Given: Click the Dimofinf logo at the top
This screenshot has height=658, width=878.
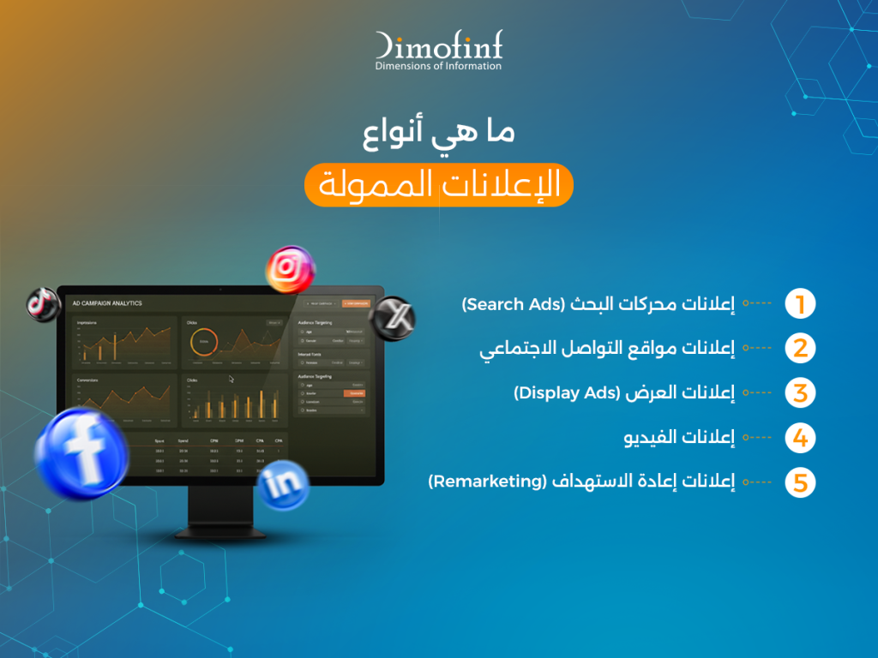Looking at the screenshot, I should pyautogui.click(x=438, y=51).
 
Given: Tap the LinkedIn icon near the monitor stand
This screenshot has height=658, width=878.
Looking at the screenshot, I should pyautogui.click(x=283, y=485).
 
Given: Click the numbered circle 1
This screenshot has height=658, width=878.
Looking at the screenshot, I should pyautogui.click(x=800, y=304).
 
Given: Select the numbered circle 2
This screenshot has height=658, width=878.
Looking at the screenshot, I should pyautogui.click(x=800, y=349).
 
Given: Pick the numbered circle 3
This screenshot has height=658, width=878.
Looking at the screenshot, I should pyautogui.click(x=800, y=393).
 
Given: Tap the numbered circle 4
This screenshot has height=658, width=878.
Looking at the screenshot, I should pyautogui.click(x=800, y=438).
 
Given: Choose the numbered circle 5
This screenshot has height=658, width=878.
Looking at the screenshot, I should pyautogui.click(x=800, y=482).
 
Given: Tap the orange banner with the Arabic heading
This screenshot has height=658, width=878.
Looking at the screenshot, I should pyautogui.click(x=438, y=185).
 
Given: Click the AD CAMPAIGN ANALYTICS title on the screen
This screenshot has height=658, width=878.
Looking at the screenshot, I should pyautogui.click(x=107, y=303).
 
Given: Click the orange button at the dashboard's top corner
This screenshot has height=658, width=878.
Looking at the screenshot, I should pyautogui.click(x=356, y=303).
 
